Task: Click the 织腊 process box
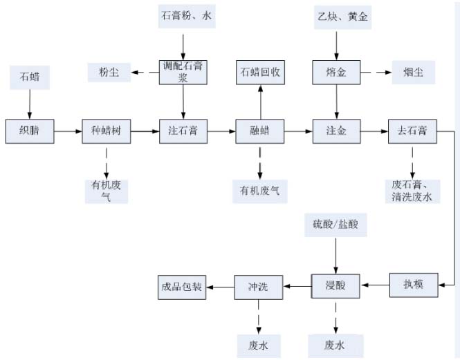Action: coord(29,131)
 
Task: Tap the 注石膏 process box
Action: coord(183,131)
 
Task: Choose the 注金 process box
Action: coord(336,131)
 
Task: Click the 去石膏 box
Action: coord(412,131)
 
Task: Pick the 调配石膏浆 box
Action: coord(183,72)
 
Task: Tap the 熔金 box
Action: coord(336,72)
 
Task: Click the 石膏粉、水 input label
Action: coord(183,17)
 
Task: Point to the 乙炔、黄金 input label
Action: coord(337,17)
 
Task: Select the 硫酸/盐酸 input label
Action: coord(335,225)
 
